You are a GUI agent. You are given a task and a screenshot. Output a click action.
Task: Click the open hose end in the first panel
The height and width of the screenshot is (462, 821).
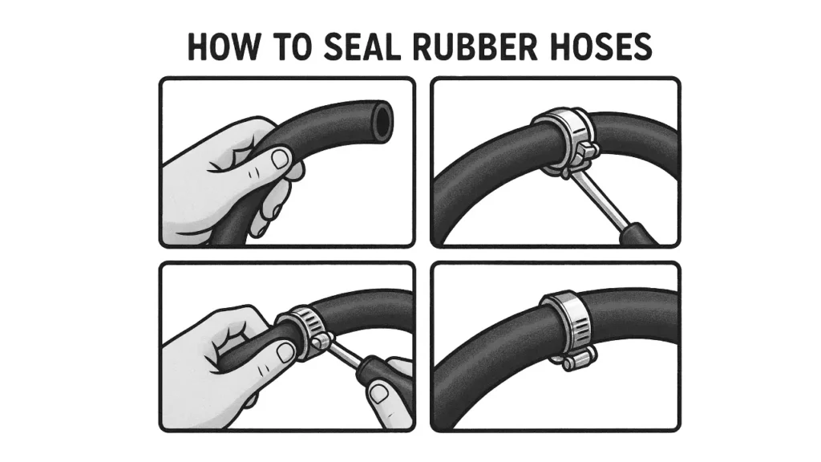pos(382,120)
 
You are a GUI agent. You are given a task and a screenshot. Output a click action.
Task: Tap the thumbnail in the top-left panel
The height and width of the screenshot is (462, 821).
pos(280,158)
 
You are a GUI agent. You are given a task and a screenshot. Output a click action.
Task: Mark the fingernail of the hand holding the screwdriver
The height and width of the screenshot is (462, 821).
pos(380,394)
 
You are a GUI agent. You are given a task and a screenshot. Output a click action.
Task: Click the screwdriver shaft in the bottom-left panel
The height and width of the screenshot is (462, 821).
pos(346,353)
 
